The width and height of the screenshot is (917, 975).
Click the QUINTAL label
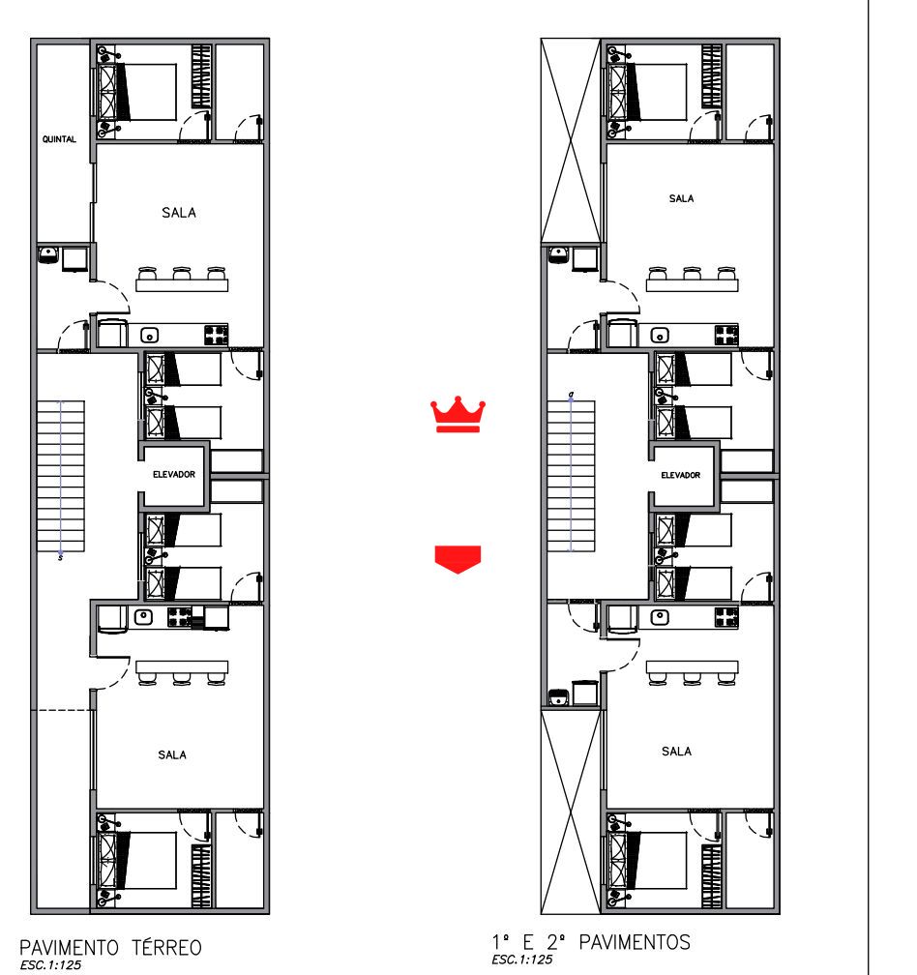click(x=59, y=139)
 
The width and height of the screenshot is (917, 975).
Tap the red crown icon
click(x=458, y=414)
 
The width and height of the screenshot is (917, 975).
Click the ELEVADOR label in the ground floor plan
click(x=174, y=474)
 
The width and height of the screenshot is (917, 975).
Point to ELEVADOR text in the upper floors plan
click(x=681, y=475)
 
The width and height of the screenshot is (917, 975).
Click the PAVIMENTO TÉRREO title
click(x=110, y=948)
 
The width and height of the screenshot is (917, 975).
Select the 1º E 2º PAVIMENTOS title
click(x=591, y=942)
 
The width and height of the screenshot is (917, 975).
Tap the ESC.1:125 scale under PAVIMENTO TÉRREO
click(x=50, y=965)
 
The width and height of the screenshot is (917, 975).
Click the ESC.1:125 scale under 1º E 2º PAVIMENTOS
click(x=521, y=960)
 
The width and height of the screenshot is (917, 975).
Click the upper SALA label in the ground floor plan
click(x=179, y=213)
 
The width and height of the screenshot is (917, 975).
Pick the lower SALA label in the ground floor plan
click(x=172, y=754)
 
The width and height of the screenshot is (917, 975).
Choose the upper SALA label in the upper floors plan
click(x=681, y=198)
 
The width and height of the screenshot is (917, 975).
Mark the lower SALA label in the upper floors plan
click(x=676, y=752)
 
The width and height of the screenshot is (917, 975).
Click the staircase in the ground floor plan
click(x=60, y=476)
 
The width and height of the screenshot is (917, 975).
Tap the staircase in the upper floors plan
click(x=571, y=476)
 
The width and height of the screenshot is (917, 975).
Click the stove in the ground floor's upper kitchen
click(x=216, y=335)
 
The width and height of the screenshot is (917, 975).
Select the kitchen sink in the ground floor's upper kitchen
click(x=149, y=335)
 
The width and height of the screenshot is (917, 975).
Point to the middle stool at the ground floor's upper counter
click(x=182, y=274)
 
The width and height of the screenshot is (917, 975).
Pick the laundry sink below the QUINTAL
click(x=47, y=254)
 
